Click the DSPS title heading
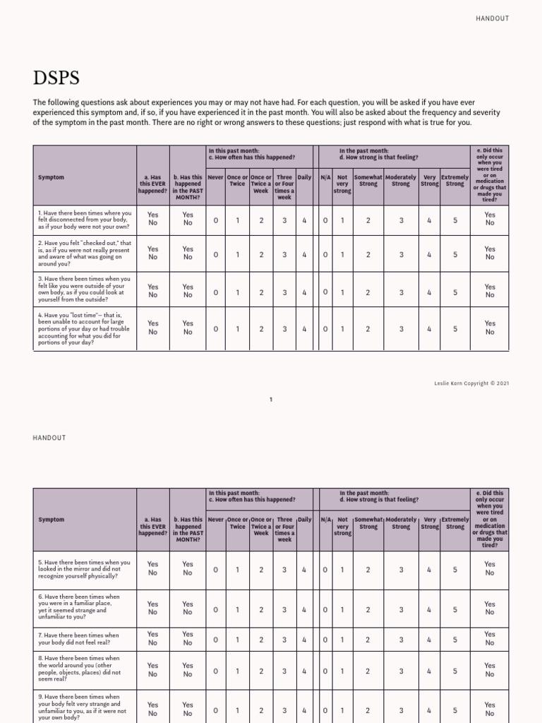[x=56, y=77]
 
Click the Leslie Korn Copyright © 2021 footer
[x=471, y=383]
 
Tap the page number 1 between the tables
[x=271, y=400]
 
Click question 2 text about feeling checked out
[x=84, y=253]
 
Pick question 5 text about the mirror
[x=84, y=569]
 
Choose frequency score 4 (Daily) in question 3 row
[x=304, y=292]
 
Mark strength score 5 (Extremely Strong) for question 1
[x=455, y=220]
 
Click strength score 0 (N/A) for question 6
[x=325, y=609]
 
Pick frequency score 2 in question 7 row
[x=261, y=640]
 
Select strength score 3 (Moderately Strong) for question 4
[x=401, y=329]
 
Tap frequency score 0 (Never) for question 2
[x=216, y=254]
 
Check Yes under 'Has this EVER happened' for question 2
[x=153, y=249]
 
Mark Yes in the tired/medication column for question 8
[x=490, y=665]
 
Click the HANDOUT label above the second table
[x=49, y=438]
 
